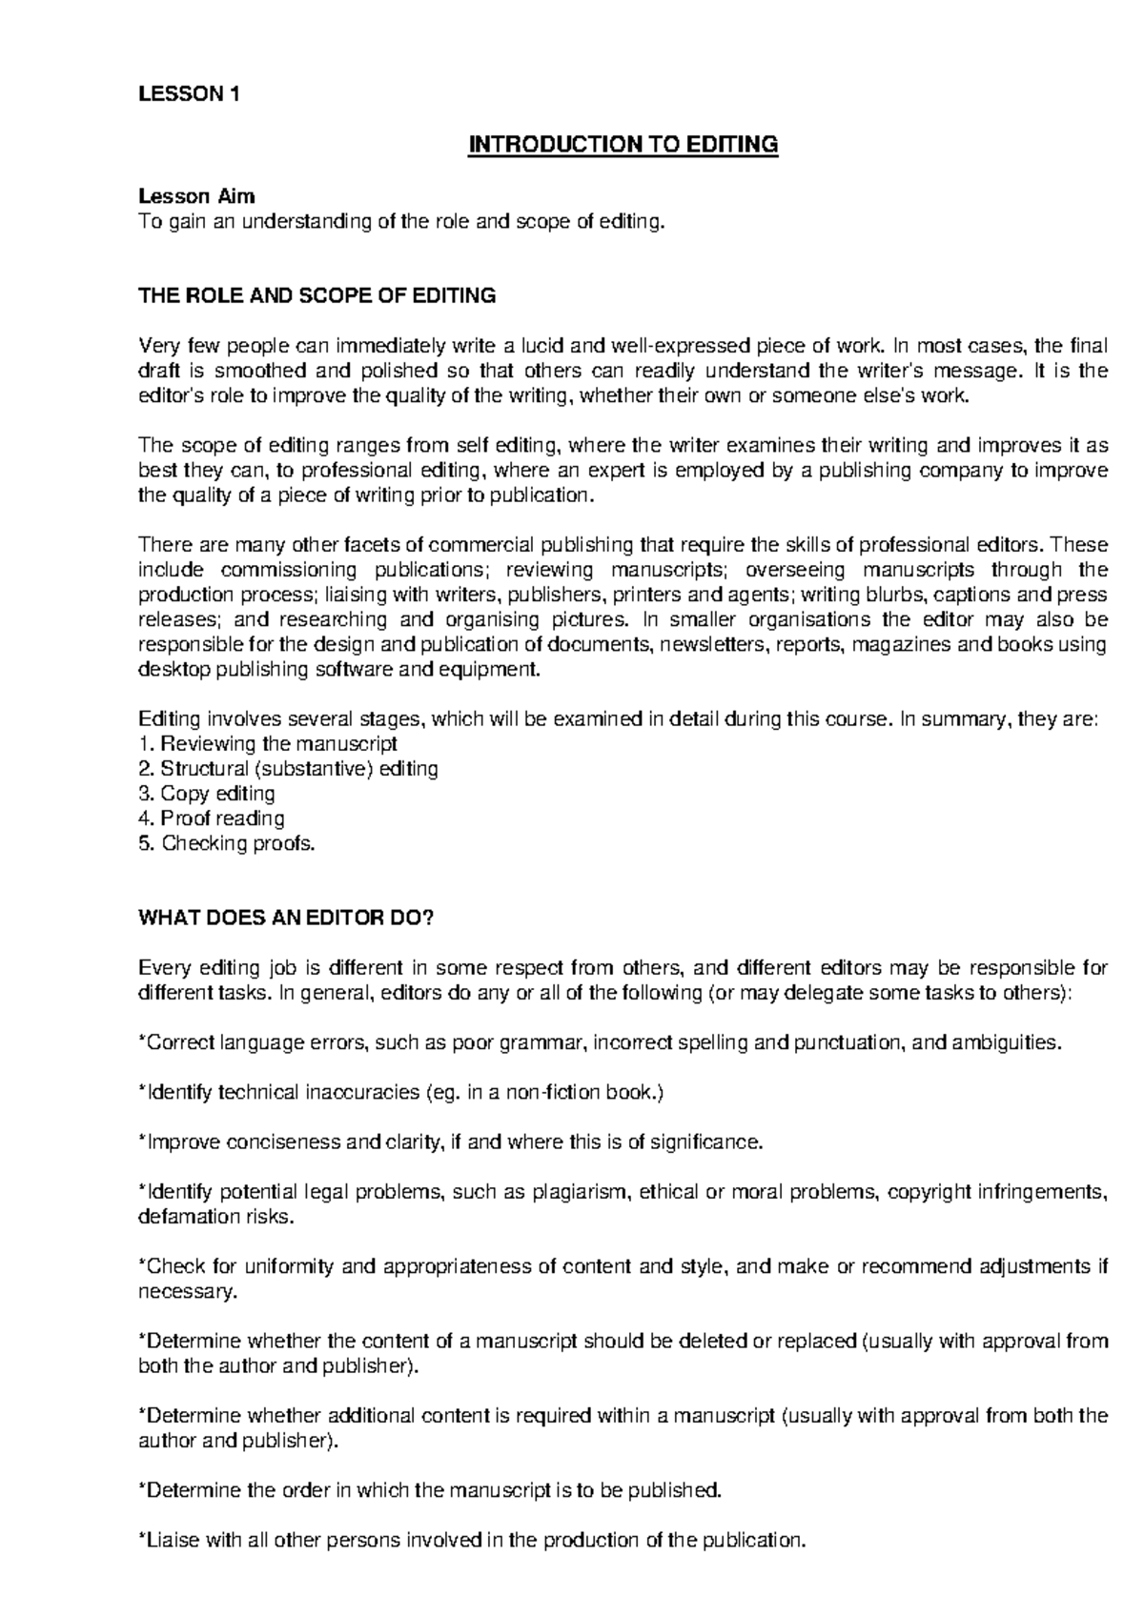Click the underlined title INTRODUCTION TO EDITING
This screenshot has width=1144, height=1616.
tap(622, 145)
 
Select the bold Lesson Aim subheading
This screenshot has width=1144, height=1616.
tap(196, 196)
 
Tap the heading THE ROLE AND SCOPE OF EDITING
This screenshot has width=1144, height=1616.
tap(317, 295)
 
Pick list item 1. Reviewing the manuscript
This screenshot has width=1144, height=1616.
tap(267, 743)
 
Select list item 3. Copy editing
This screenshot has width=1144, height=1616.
tap(207, 793)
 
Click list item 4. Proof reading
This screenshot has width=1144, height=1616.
tap(211, 818)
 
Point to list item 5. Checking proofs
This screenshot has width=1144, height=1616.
tap(226, 843)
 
